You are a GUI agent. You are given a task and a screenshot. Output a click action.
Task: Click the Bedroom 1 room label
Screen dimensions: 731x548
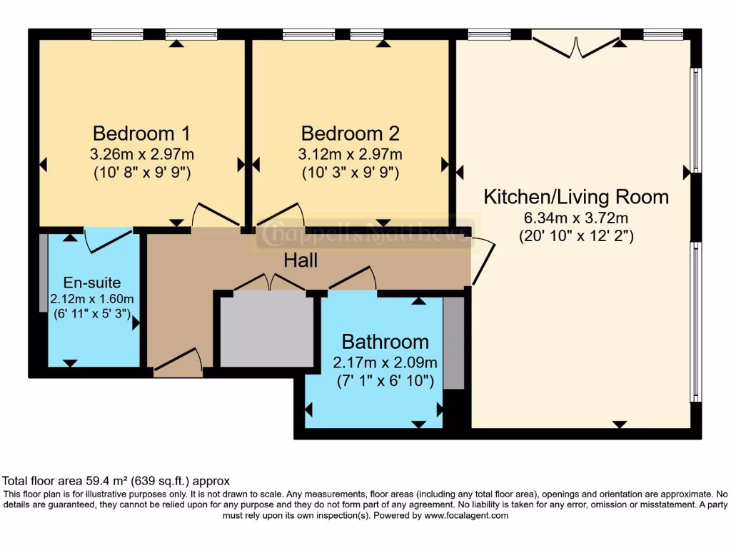pos(142,133)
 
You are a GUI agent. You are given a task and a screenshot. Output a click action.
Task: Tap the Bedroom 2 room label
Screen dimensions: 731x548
pos(350,133)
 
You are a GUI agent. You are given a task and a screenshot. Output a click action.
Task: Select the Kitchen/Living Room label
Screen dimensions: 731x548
pos(576,197)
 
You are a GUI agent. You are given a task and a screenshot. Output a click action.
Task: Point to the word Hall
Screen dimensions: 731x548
pos(301,260)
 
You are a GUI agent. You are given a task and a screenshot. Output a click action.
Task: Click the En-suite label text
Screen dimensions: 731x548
pos(92,283)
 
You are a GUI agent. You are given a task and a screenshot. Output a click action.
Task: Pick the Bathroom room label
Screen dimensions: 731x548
pos(385,342)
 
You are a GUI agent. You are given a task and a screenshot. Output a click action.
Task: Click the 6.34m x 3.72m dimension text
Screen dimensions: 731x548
pos(576,218)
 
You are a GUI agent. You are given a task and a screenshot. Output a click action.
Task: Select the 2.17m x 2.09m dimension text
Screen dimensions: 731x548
pos(385,362)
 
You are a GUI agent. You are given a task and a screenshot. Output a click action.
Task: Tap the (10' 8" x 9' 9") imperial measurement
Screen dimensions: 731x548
pos(142,173)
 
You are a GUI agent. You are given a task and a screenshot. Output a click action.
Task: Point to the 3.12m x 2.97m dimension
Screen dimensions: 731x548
pos(350,154)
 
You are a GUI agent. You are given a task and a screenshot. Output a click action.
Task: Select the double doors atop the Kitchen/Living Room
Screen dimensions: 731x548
pos(576,46)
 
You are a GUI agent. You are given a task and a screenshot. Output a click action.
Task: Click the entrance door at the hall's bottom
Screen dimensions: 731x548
pos(178,361)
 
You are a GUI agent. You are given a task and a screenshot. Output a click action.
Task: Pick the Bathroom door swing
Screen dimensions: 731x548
pos(353,278)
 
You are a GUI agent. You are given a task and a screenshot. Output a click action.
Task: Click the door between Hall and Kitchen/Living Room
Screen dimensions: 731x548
pos(483,261)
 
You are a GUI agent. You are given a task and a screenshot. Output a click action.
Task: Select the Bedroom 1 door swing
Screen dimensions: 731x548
pos(216,214)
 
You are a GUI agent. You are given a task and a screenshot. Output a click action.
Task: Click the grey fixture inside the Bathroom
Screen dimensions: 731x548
pos(453,343)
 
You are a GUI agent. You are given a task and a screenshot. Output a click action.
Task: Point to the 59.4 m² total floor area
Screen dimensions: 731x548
pos(107,481)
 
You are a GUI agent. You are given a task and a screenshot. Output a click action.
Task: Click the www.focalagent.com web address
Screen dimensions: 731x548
pos(466,515)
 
